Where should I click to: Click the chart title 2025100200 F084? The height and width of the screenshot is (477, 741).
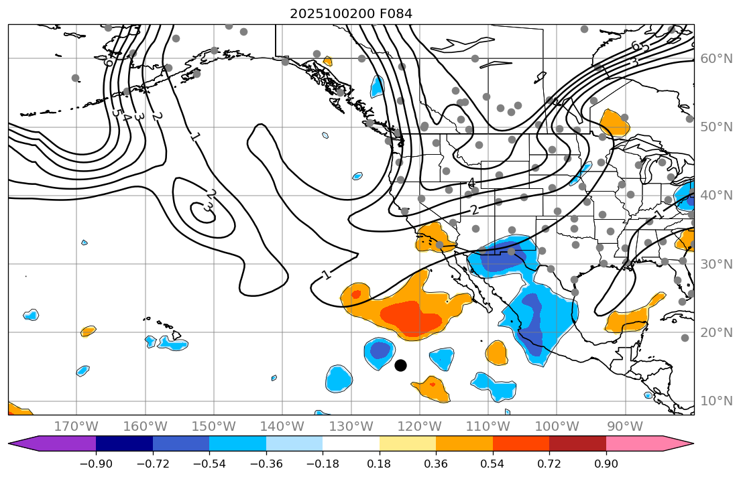point(351,13)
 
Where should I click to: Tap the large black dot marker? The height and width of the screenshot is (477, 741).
point(400,365)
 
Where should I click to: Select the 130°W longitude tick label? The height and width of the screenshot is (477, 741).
point(351,426)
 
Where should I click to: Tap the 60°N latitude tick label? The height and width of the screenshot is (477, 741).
point(716,59)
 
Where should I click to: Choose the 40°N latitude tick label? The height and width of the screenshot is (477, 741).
point(716,196)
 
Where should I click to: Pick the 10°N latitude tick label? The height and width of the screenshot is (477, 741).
point(716,401)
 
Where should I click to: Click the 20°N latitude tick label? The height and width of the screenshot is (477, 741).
point(716,332)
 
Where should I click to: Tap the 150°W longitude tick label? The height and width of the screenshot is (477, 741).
point(214,426)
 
